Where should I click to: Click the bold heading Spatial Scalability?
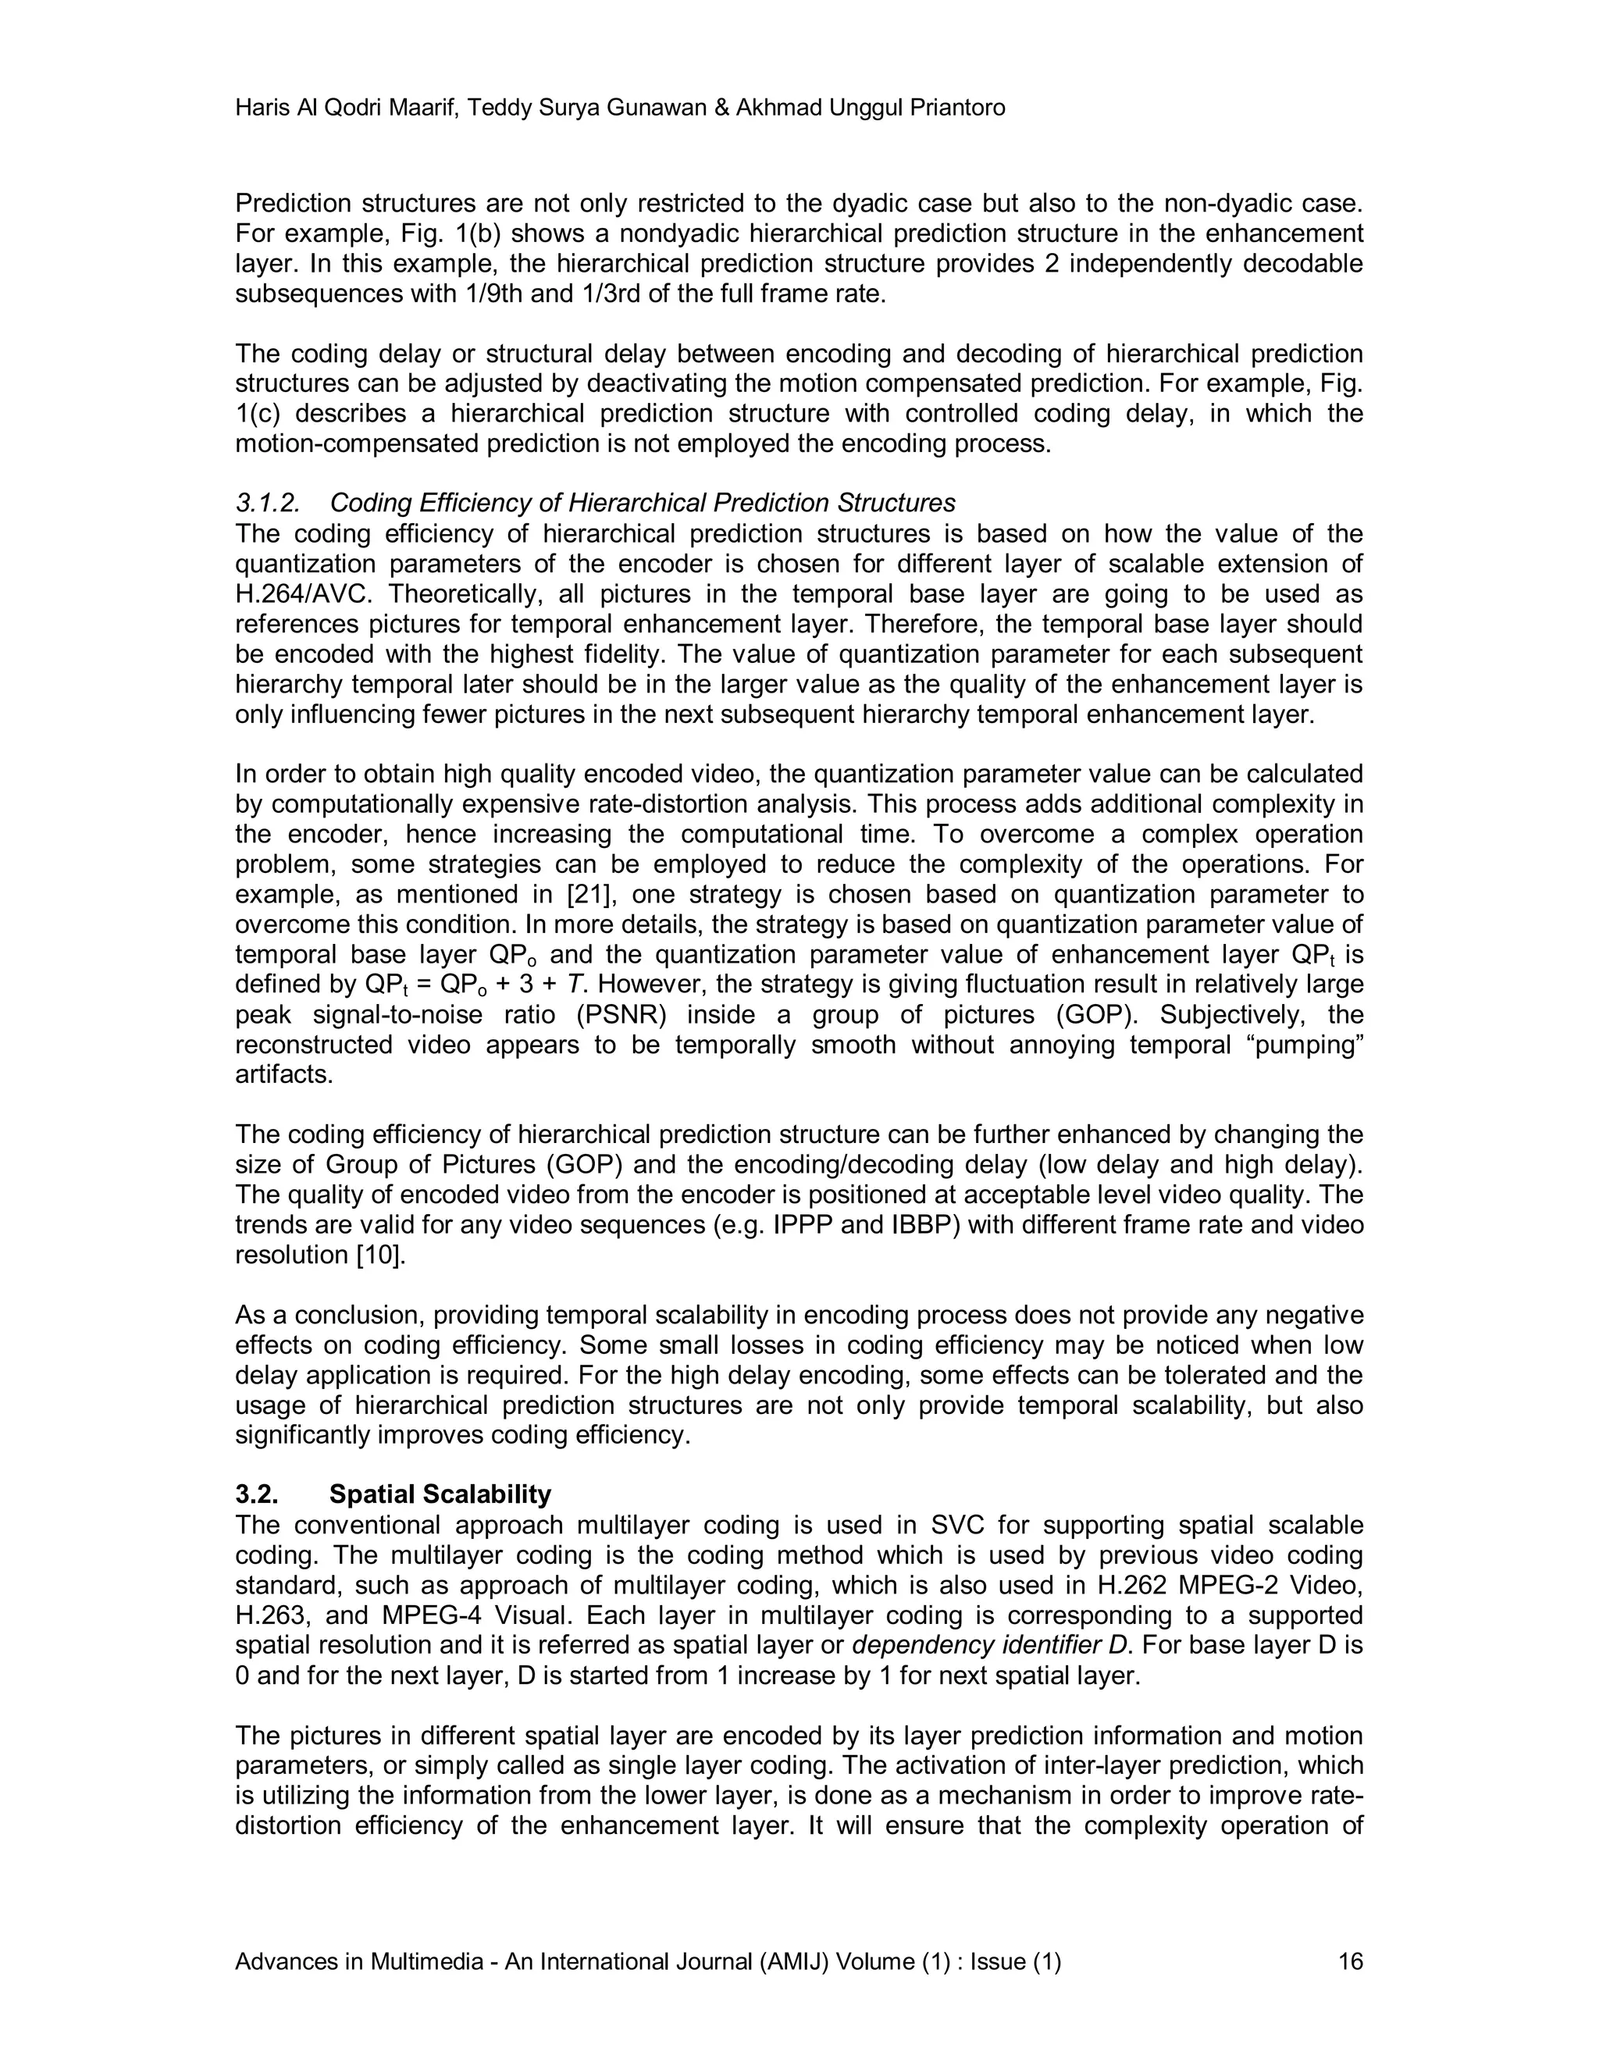point(440,1495)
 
